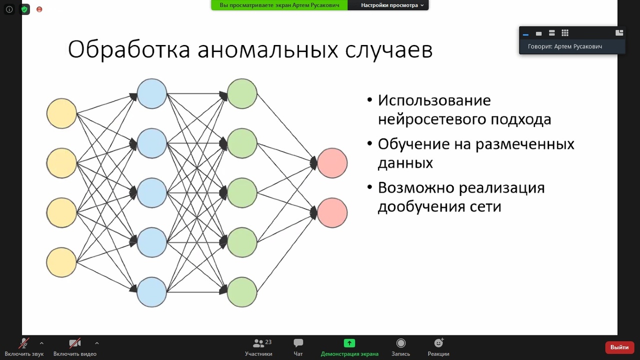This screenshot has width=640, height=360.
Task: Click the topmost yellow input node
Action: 61,113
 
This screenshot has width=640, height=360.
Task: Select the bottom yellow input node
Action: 61,262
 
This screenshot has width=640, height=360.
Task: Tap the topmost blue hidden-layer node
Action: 151,93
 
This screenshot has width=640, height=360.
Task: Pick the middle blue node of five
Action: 151,192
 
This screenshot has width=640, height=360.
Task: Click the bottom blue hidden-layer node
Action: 151,292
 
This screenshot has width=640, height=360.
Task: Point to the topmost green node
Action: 242,93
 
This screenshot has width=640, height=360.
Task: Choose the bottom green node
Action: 242,292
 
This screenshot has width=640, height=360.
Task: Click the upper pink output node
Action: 332,163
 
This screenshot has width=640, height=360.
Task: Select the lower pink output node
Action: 332,212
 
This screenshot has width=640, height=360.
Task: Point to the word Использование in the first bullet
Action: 434,100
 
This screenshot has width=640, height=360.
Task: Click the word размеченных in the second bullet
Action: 524,144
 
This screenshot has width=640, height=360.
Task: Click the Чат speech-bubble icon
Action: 298,343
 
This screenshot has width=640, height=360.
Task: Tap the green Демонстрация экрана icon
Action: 349,343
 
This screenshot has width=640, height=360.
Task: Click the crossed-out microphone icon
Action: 24,343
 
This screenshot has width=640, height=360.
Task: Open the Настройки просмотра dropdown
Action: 392,5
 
